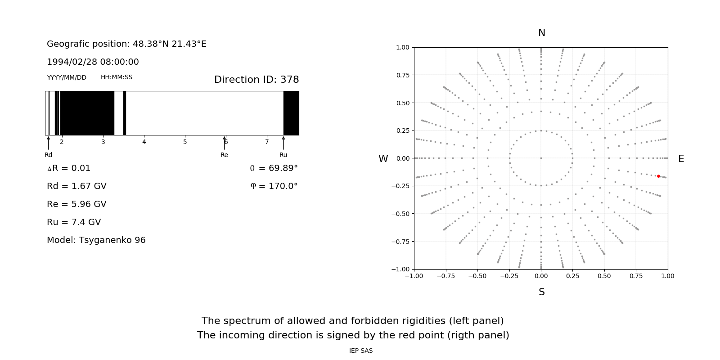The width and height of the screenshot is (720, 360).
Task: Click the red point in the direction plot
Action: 658,176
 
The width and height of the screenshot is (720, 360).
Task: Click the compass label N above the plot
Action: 542,33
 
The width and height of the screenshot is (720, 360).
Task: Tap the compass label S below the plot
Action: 542,292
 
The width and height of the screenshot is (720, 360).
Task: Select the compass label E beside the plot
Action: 681,159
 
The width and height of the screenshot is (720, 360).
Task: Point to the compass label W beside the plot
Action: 383,159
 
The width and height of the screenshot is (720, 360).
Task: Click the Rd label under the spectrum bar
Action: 49,155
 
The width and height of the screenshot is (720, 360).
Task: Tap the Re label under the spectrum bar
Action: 224,155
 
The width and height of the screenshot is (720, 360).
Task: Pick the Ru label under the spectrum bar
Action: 283,155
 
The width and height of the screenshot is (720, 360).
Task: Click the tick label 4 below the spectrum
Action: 144,142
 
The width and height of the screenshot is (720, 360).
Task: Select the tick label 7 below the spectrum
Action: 267,142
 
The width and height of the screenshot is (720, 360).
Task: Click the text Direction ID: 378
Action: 256,80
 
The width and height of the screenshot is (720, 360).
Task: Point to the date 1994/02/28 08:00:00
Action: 93,62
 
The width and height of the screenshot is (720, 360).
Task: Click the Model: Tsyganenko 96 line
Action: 96,240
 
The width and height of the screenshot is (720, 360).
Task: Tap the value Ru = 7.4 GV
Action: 74,222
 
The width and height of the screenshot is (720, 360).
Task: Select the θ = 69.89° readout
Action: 274,168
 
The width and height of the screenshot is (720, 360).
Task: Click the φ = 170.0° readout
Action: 274,186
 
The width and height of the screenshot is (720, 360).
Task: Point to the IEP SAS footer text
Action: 361,351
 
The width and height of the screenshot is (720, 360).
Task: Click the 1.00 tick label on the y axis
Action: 402,47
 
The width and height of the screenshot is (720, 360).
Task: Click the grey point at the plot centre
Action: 541,158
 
